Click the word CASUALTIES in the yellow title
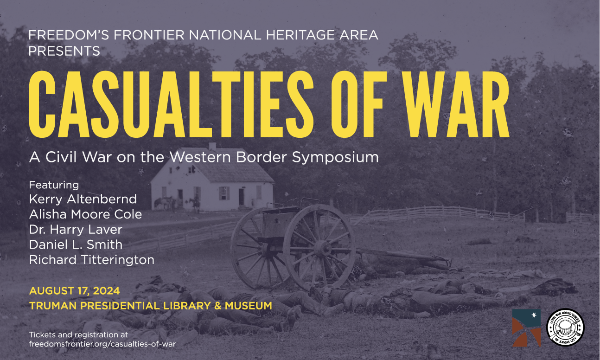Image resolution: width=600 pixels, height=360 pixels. pos(171,104)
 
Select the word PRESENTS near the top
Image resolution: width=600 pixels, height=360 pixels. pos(64,51)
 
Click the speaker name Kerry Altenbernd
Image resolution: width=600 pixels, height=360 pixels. pos(83,199)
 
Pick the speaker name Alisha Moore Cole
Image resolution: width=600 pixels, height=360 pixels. pos(85,214)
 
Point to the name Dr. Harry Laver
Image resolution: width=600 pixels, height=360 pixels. pos(76,230)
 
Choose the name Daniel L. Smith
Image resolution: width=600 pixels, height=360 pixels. pos(76,244)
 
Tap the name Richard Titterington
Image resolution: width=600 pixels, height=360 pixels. pos(92,260)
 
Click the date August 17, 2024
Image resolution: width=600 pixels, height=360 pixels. pos(75,291)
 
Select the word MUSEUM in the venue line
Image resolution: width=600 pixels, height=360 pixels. pos(249,306)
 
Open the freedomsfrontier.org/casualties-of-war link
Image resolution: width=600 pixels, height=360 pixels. pos(102,344)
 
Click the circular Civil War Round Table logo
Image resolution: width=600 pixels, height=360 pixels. pos(565,328)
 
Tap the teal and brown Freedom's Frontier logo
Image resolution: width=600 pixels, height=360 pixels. pos(526,328)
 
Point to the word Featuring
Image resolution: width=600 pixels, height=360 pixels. pos(54,185)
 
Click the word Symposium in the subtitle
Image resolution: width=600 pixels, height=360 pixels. pos(335,157)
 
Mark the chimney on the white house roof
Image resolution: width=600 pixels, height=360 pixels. pos(212,146)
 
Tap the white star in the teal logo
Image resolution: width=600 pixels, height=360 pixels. pos(534,315)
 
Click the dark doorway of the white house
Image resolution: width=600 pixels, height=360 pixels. pos(241,197)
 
